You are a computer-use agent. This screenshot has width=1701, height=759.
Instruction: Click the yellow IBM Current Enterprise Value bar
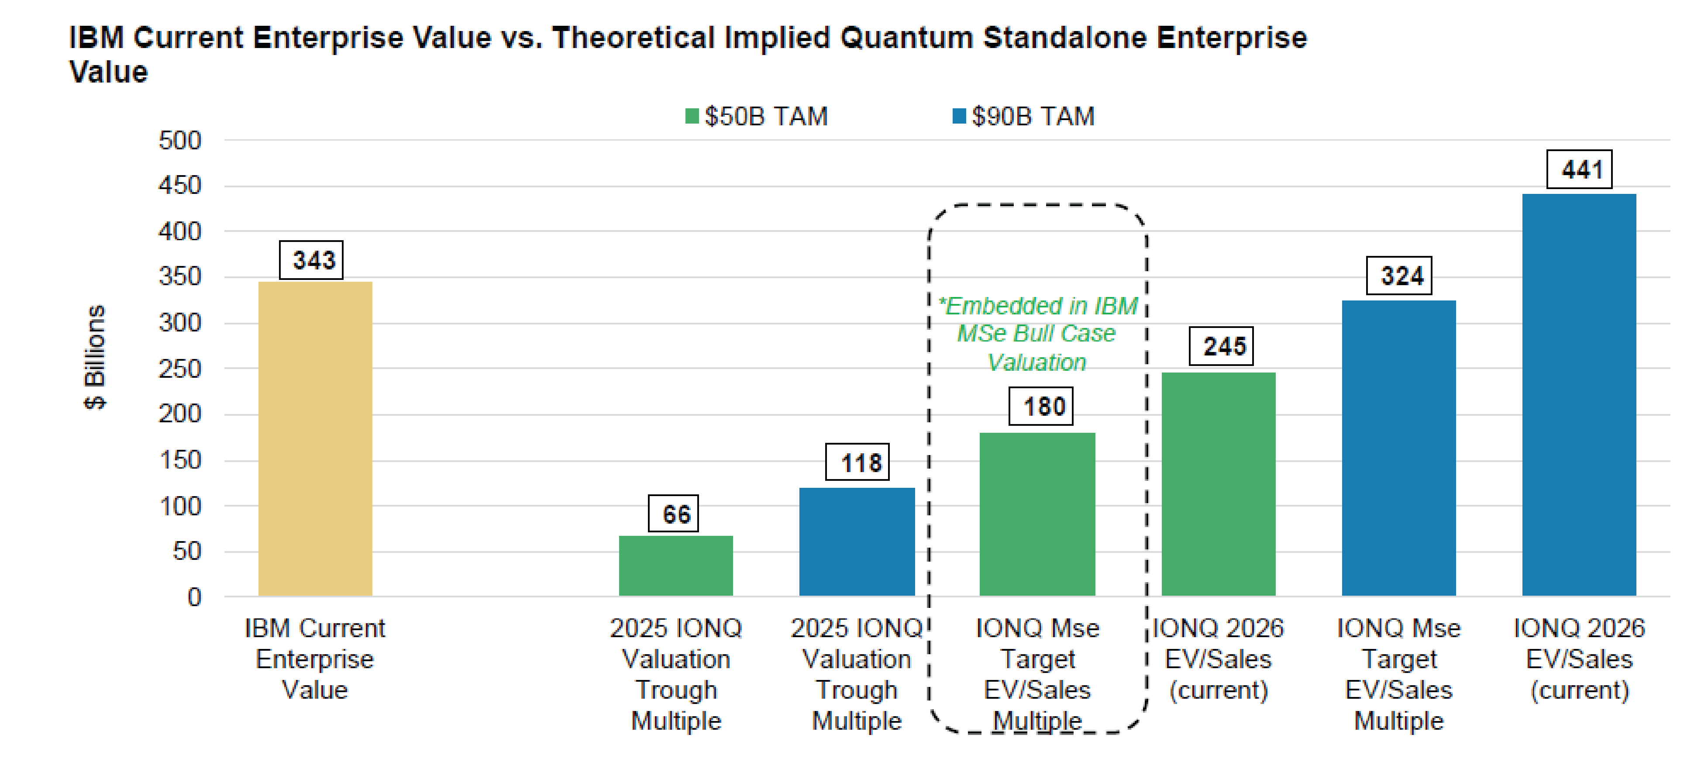pos(315,438)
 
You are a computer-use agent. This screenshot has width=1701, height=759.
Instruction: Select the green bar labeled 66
pos(675,566)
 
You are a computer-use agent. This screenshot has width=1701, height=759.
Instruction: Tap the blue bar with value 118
pos(857,542)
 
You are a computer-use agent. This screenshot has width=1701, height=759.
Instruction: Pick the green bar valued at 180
pos(1037,514)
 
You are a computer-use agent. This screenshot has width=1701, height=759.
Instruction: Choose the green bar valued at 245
pos(1218,484)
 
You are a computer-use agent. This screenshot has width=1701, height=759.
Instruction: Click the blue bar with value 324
pos(1398,448)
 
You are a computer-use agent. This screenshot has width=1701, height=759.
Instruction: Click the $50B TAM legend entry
pos(757,116)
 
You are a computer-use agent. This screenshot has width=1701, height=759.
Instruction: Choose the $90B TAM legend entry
pos(1023,116)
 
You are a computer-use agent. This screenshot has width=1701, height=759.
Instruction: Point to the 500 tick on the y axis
pos(179,140)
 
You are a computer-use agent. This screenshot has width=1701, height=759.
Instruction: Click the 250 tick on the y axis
pos(179,369)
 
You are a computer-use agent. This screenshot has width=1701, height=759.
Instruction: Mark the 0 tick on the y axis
pos(194,597)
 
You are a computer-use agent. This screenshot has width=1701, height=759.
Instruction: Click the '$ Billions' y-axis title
pos(94,357)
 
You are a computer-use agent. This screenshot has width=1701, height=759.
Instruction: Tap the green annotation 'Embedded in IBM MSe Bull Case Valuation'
pos(1037,334)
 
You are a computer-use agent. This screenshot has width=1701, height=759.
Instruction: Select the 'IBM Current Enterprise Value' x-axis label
pos(315,659)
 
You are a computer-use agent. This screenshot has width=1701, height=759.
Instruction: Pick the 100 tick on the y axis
pos(179,506)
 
